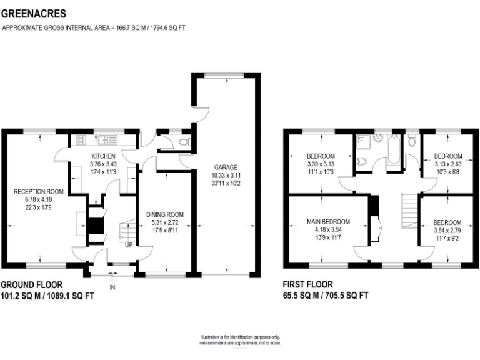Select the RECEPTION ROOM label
click(39, 191)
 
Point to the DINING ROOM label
click(165, 214)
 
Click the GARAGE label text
click(226, 167)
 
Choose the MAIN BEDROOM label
click(328, 222)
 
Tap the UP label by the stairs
click(128, 245)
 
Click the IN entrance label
click(112, 287)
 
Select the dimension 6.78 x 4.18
click(39, 199)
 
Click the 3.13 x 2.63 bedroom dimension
click(448, 164)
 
